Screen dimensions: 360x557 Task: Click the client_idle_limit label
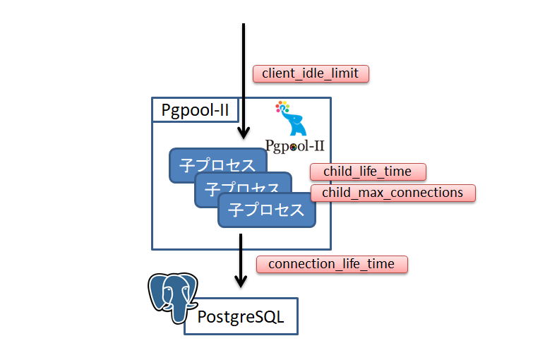click(310, 73)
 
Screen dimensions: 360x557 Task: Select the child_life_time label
click(367, 172)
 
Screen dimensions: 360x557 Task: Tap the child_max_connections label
click(393, 193)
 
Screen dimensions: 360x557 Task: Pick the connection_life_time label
click(332, 264)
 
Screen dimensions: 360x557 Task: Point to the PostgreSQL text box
click(241, 316)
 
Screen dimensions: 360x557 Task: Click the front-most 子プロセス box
click(266, 210)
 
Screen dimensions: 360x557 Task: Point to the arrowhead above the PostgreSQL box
click(241, 280)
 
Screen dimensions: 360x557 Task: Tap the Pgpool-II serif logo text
click(294, 146)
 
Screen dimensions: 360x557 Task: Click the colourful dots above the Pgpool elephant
click(282, 108)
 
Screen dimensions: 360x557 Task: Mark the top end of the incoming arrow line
click(244, 25)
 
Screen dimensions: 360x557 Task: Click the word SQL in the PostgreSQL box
click(268, 317)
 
